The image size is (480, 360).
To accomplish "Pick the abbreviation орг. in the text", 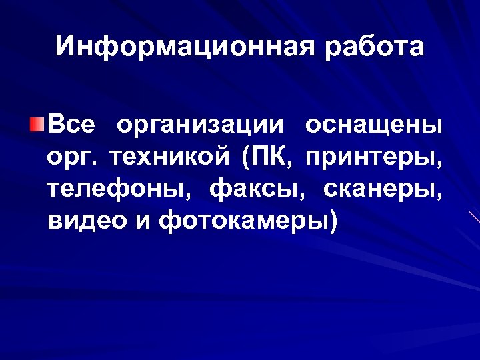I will pos(71,159).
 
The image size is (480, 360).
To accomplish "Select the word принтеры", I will pos(372,159).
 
